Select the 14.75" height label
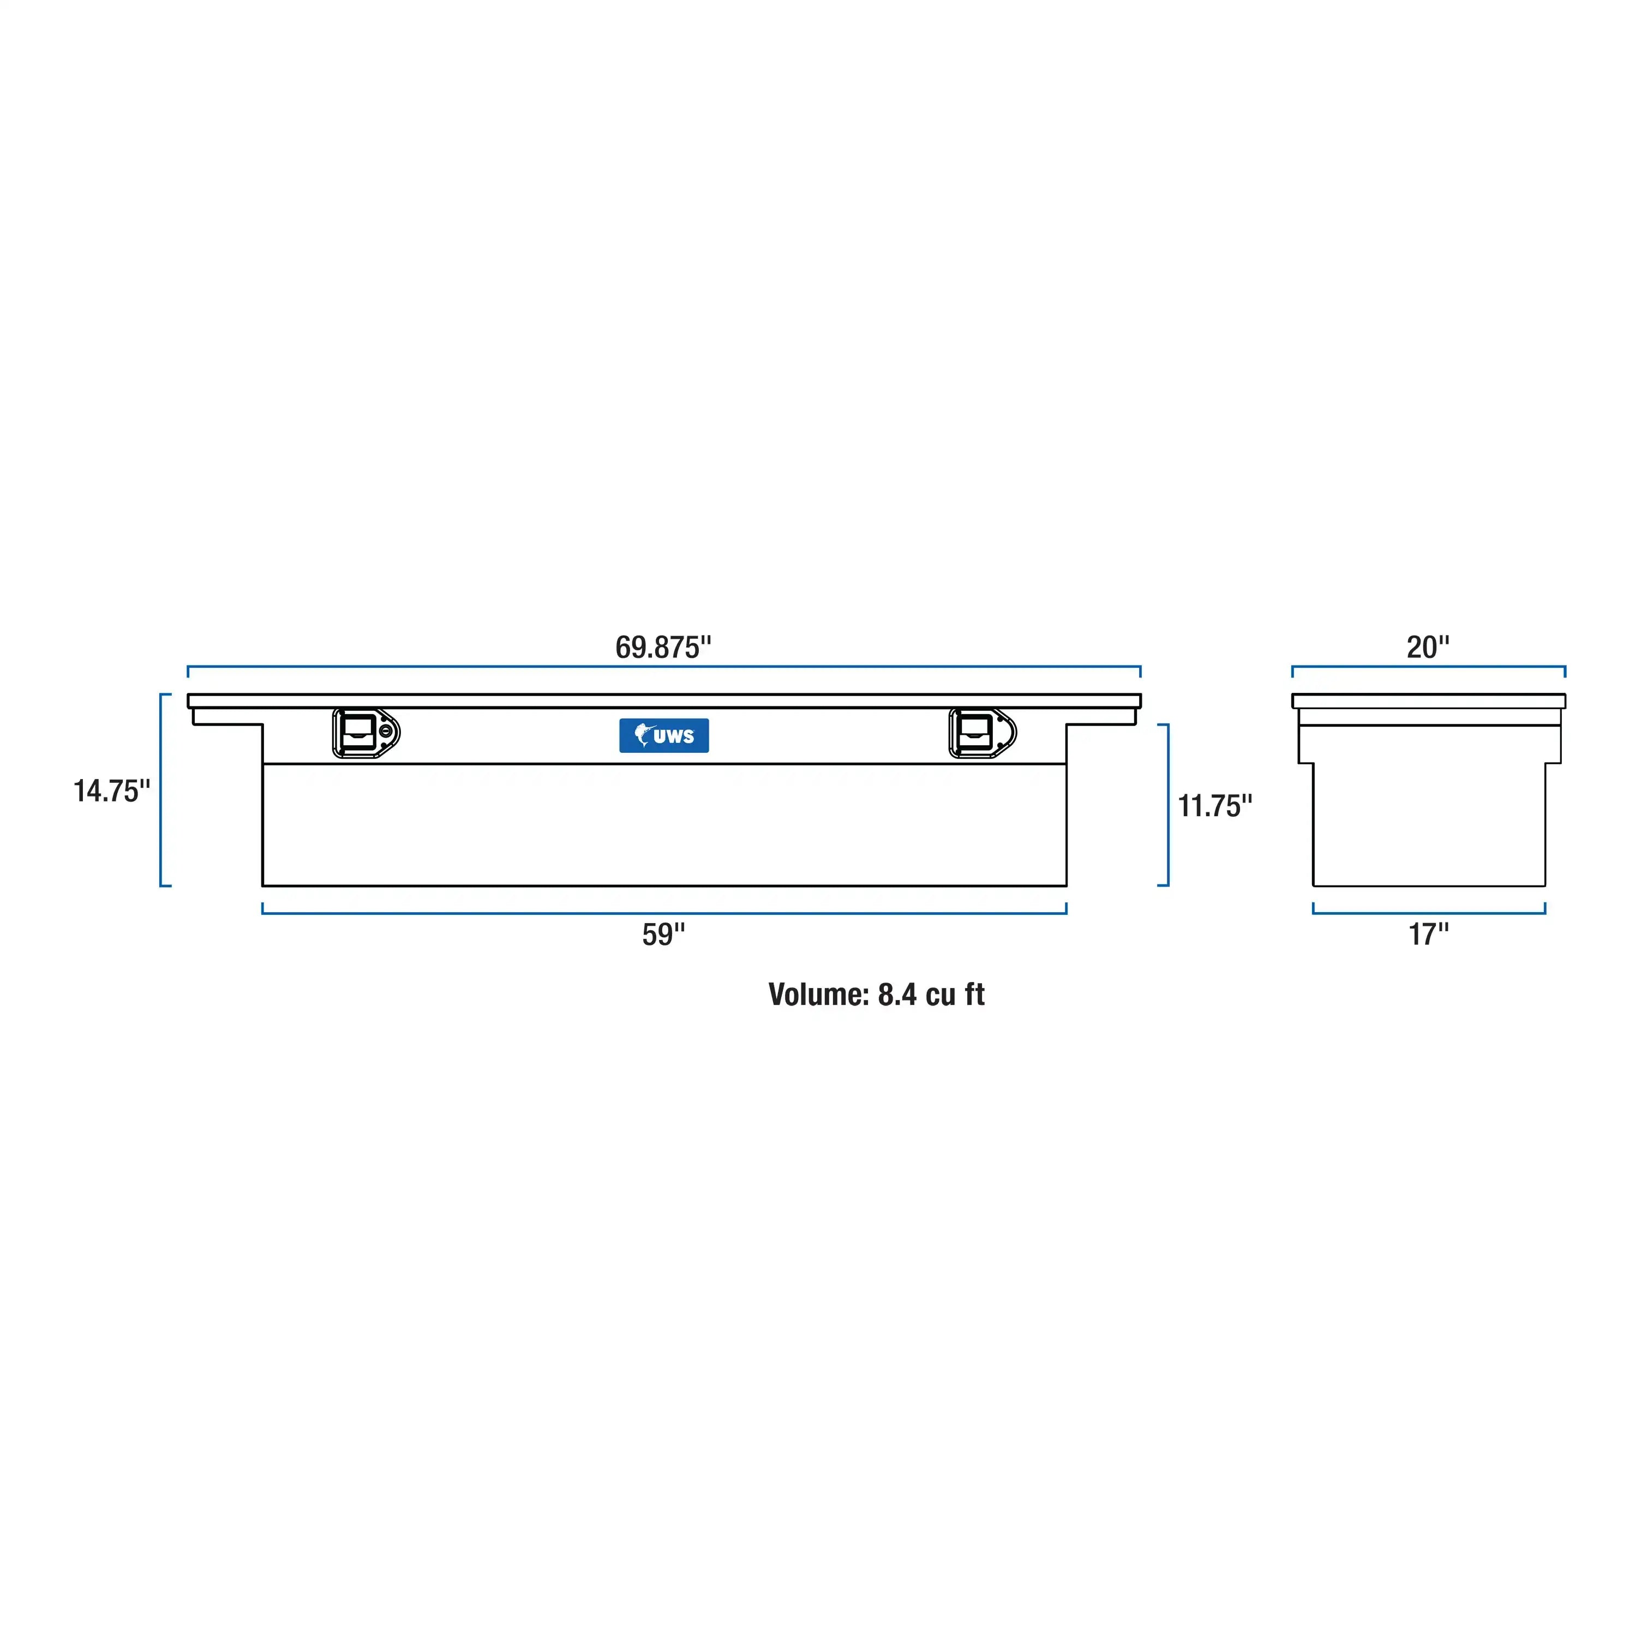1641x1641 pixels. click(111, 791)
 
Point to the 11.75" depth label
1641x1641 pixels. click(1214, 806)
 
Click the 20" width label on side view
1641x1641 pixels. click(1428, 647)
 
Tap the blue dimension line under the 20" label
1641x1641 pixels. click(1428, 667)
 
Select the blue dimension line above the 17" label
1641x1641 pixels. click(1429, 913)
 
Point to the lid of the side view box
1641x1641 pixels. click(1428, 700)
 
